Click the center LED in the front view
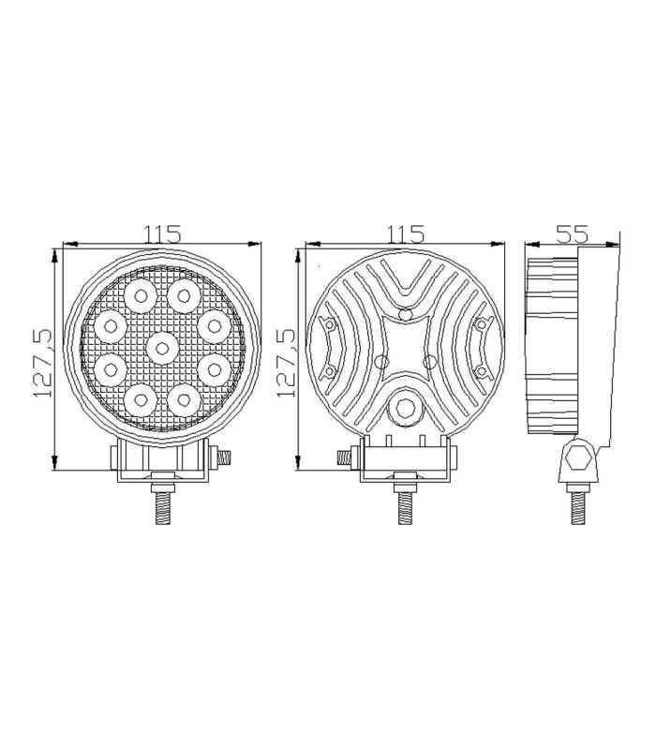(162, 349)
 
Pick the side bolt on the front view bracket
(225, 457)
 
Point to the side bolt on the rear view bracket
(344, 457)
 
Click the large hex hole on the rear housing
(405, 406)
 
